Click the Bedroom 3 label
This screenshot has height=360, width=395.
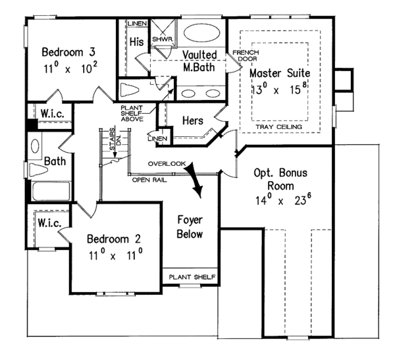tap(67, 52)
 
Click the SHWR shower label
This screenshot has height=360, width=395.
tap(161, 39)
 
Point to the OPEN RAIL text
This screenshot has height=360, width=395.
tap(148, 179)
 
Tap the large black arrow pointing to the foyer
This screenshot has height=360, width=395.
tap(194, 178)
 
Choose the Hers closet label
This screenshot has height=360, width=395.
tap(193, 120)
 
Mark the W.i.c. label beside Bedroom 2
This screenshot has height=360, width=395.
tap(49, 223)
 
